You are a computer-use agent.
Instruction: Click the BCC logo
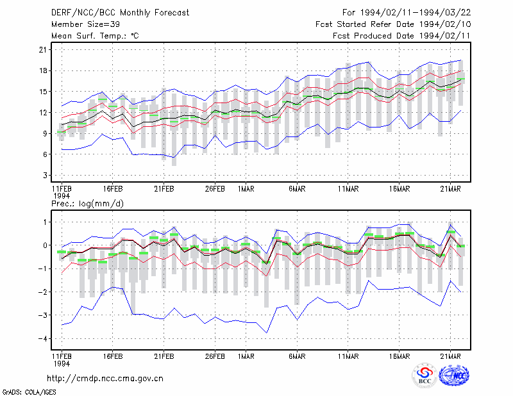coord(425,375)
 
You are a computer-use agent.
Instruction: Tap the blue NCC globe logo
coord(454,375)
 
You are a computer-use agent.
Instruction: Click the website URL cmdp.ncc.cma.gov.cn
coord(105,379)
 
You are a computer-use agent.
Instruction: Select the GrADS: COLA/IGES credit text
coord(29,392)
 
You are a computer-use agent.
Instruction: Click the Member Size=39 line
coord(85,24)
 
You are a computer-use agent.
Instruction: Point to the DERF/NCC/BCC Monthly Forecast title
coord(120,13)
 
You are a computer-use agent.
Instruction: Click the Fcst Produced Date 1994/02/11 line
coord(402,36)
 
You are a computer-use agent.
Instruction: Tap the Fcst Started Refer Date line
coord(393,24)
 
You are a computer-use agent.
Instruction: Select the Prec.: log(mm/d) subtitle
coord(87,204)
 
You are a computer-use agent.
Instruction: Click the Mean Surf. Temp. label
coord(95,36)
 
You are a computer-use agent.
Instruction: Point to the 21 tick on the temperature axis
coord(43,50)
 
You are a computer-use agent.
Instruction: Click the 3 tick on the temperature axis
coord(45,176)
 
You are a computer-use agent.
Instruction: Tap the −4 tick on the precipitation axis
coord(42,339)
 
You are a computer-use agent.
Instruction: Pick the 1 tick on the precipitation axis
coord(46,222)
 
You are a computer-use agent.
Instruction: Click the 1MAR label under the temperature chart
coord(246,189)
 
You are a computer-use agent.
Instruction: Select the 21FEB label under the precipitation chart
coord(164,356)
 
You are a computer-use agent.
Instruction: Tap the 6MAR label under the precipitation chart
coord(297,356)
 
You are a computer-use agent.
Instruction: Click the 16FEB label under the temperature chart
coord(113,189)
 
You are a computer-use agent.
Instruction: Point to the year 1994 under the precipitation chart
coord(62,363)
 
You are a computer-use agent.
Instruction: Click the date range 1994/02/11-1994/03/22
coord(416,13)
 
